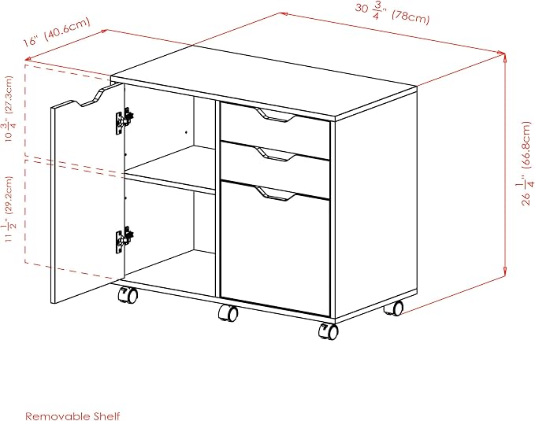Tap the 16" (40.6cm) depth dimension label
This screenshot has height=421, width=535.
56,31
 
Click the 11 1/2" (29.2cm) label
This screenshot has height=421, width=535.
9,209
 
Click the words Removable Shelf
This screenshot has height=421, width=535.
72,416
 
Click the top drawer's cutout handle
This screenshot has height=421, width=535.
275,115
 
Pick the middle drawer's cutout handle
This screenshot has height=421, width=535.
275,154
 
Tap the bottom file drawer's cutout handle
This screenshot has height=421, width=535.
275,194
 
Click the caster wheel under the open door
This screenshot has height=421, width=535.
128,295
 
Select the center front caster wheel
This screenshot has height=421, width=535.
228,313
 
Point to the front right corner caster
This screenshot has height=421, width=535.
329,331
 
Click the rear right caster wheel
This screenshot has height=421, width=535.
394,308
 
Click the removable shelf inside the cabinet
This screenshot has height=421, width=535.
170,171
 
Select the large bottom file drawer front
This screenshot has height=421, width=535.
275,249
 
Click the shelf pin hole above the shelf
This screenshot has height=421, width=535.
186,132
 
